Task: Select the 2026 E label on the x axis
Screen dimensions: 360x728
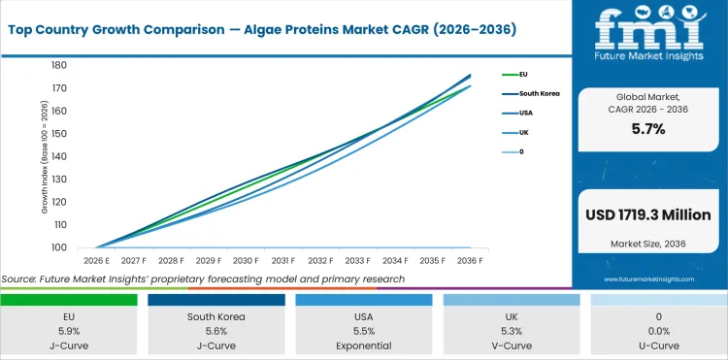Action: [x=96, y=261]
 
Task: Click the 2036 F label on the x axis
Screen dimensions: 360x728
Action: [x=470, y=261]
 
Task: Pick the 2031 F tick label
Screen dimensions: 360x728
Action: [x=283, y=261]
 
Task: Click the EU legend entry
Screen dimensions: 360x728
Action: [x=524, y=74]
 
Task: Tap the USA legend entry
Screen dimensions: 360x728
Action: [x=525, y=113]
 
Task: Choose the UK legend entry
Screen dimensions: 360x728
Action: [x=523, y=132]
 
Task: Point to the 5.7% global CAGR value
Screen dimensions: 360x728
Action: [x=647, y=129]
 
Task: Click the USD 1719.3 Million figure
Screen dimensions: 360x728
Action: [x=647, y=214]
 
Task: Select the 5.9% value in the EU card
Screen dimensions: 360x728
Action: [x=69, y=330]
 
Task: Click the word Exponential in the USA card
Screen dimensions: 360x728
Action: [x=364, y=344]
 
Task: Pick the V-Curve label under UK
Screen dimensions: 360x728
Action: [x=512, y=344]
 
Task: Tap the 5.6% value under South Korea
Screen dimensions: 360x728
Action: [x=216, y=330]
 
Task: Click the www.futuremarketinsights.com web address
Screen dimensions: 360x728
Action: [x=647, y=278]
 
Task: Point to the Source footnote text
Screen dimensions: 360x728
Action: [x=203, y=278]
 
